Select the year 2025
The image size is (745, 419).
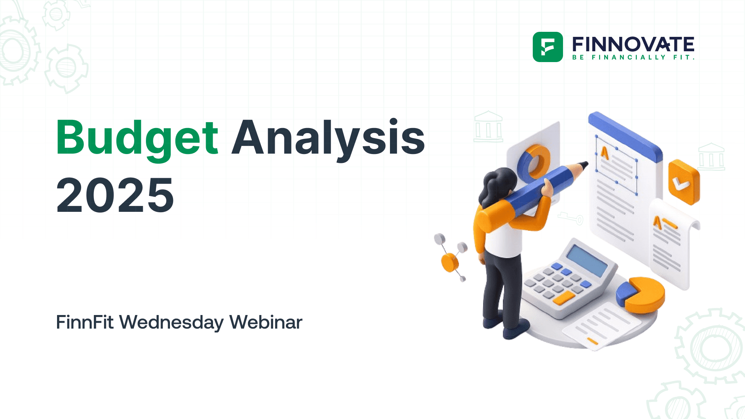coord(115,195)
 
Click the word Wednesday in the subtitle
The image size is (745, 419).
coord(171,322)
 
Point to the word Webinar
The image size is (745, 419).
coord(266,322)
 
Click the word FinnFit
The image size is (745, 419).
coord(85,322)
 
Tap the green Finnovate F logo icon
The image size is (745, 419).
coord(547,47)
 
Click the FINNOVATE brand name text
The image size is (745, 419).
coord(633,45)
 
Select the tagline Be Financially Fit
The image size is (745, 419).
coord(633,57)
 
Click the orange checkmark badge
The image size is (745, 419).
coord(683,182)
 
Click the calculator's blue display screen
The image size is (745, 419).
coord(587,260)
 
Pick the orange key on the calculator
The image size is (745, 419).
coord(563,298)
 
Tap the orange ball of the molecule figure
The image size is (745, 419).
coord(450,262)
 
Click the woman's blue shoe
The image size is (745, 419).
coord(515,332)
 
